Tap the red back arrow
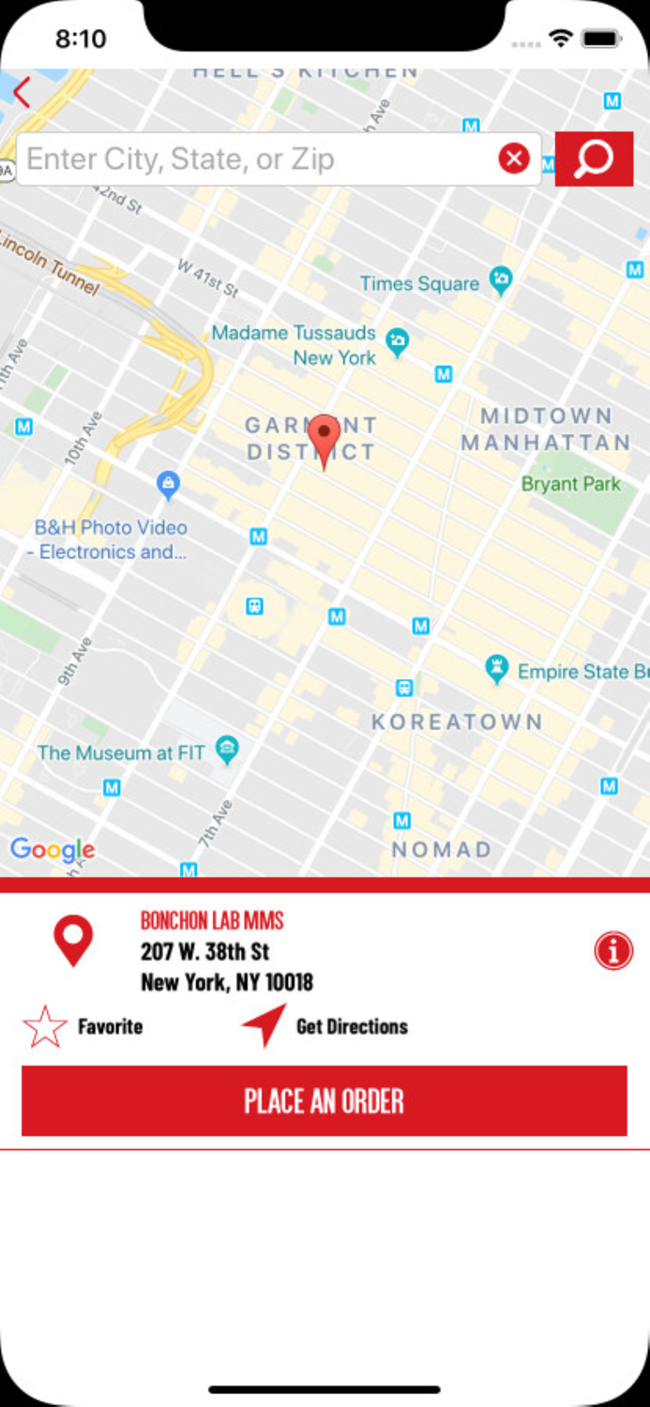coord(22,92)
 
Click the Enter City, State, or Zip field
coord(253,159)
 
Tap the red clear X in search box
coord(514,159)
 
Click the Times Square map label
coord(420,283)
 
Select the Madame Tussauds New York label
coord(294,345)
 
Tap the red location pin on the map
coord(325,437)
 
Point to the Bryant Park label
coord(571,484)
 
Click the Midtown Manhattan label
coord(546,429)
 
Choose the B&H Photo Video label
coord(110,539)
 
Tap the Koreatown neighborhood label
coord(457,721)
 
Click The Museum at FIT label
coord(120,752)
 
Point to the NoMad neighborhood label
coord(441,850)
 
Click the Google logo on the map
coord(53,850)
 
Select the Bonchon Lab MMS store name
coord(212,920)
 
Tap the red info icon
coord(613,951)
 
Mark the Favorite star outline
coord(45,1026)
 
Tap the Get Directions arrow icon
coord(265,1025)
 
